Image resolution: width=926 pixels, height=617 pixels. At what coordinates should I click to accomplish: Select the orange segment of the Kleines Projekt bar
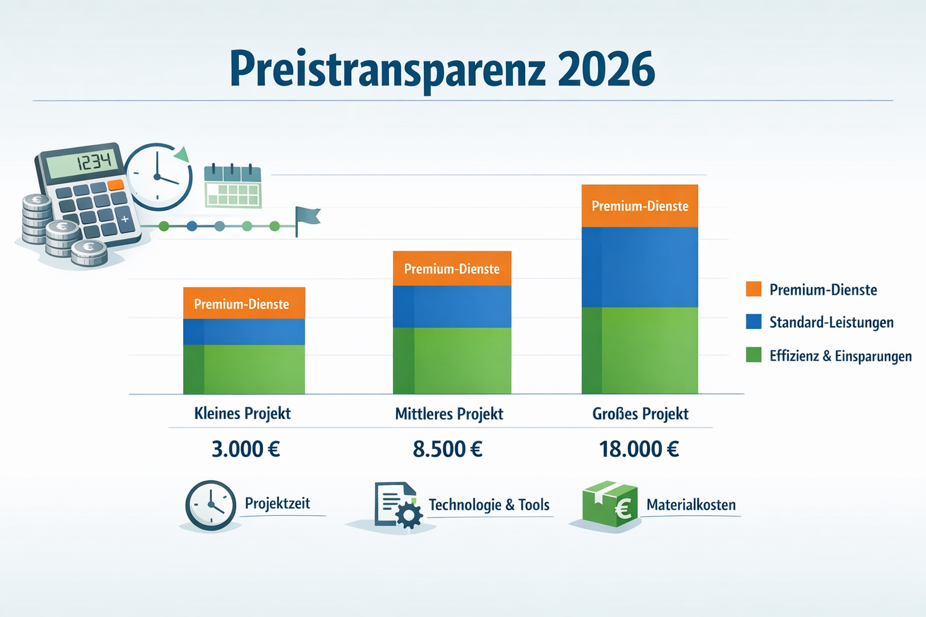click(244, 303)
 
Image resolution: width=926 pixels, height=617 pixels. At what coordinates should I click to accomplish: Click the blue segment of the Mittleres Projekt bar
click(452, 307)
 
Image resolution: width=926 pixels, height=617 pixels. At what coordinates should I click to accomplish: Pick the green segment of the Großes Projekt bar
click(640, 351)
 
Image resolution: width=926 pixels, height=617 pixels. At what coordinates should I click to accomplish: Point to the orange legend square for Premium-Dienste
click(754, 289)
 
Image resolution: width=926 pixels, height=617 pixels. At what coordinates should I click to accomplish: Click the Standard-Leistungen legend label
click(831, 322)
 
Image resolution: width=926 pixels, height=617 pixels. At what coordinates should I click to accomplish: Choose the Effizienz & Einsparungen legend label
click(840, 355)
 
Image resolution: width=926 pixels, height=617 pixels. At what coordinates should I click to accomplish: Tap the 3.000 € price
click(246, 449)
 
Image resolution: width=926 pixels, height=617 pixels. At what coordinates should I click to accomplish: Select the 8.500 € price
click(448, 449)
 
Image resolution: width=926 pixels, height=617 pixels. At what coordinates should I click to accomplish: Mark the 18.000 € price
click(639, 449)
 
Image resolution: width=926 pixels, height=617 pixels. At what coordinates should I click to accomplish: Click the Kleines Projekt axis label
click(242, 413)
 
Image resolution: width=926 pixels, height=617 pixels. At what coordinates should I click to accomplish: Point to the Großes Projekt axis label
click(640, 414)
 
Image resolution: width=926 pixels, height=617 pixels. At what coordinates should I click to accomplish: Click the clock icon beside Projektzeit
click(210, 505)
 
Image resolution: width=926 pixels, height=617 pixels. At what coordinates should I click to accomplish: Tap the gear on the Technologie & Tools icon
click(410, 516)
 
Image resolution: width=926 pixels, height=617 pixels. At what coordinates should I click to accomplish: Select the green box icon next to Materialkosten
click(609, 504)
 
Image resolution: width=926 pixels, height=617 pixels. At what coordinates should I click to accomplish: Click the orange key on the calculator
click(116, 184)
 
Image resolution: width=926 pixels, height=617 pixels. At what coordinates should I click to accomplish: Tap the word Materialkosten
click(691, 505)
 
